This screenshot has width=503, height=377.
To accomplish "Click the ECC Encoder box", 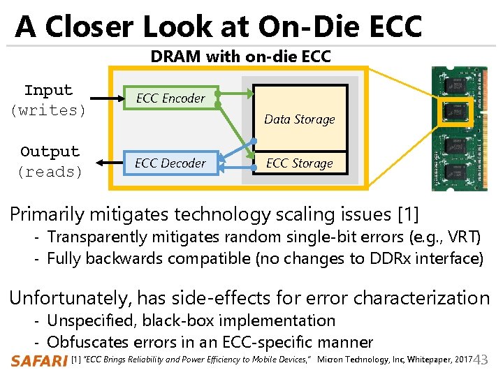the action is tap(170, 98).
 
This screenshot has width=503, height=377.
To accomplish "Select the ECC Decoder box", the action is tap(170, 163).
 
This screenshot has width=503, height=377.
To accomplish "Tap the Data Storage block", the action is tap(300, 117).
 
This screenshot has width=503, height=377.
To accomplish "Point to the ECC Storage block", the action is tap(300, 163).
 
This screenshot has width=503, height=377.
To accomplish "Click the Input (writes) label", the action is tap(48, 100).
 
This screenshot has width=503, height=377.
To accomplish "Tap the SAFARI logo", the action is tap(38, 360).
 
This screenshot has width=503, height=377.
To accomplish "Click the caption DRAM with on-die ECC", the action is tap(240, 57).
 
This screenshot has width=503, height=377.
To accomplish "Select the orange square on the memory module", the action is tap(455, 114).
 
